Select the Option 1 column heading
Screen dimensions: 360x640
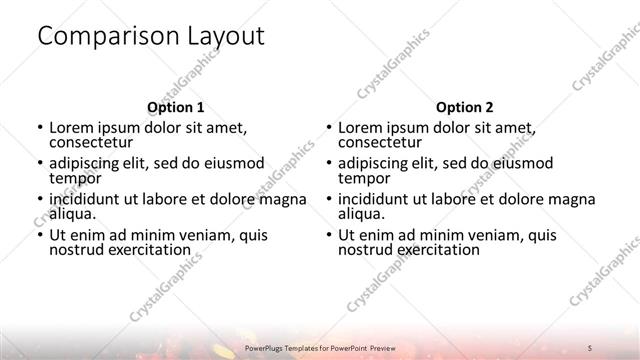pos(175,106)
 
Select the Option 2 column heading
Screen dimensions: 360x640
pos(465,106)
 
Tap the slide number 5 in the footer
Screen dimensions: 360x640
pos(590,346)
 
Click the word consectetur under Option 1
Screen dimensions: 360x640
pos(91,143)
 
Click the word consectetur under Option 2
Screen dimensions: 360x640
pos(381,143)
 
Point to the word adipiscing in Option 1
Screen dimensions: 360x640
pos(90,162)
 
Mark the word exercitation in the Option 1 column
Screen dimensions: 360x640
pos(147,249)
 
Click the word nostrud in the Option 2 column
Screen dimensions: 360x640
pos(365,249)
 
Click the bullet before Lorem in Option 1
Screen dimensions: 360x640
pos(39,128)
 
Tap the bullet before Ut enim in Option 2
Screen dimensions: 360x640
pos(329,235)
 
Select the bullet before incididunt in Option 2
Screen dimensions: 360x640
pos(329,199)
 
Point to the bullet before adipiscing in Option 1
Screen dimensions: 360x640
pos(39,163)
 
